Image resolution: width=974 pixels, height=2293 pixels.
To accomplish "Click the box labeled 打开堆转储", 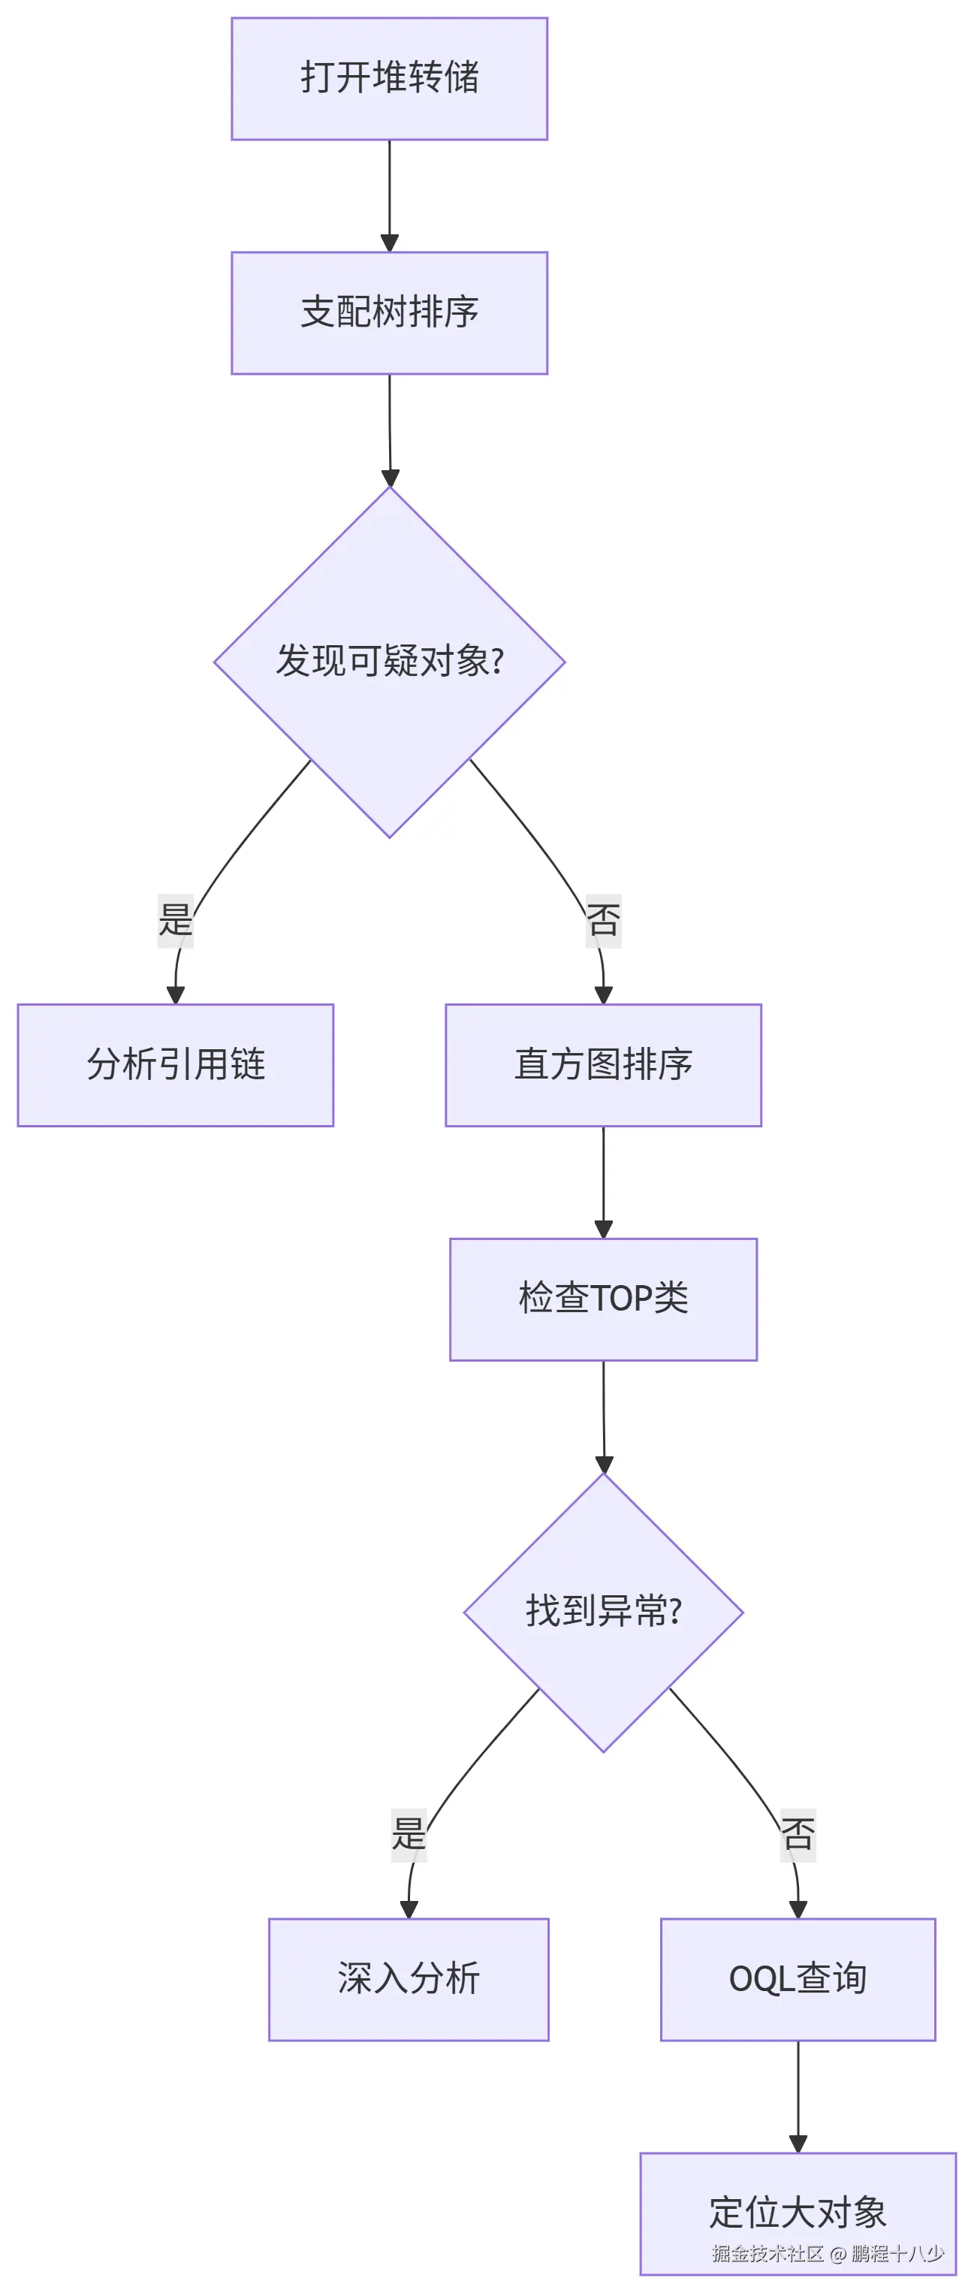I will click(x=389, y=78).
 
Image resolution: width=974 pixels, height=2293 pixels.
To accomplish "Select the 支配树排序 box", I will click(x=389, y=312).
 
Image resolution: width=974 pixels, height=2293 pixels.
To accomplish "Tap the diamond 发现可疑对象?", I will click(x=389, y=662).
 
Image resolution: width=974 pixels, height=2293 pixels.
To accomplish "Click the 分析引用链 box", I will click(x=176, y=1064).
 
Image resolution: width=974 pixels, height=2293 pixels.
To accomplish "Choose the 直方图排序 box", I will click(x=603, y=1064).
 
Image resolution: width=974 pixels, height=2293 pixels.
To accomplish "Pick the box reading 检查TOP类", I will click(x=603, y=1299).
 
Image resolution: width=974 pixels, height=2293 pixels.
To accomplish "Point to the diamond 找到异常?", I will click(x=603, y=1612).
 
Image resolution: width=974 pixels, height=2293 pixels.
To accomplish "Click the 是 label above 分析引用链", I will click(x=176, y=919).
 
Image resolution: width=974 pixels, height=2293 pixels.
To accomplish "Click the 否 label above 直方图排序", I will click(x=603, y=919).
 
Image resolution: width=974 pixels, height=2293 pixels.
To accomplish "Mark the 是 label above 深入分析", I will click(x=409, y=1833).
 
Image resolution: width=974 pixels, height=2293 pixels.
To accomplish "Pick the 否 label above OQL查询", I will click(x=798, y=1833).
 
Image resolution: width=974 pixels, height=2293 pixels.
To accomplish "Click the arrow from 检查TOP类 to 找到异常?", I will click(x=604, y=1415).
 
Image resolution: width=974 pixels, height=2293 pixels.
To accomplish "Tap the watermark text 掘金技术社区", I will click(x=767, y=2253).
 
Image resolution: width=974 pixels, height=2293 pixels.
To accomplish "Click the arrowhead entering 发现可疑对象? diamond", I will click(x=390, y=477).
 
